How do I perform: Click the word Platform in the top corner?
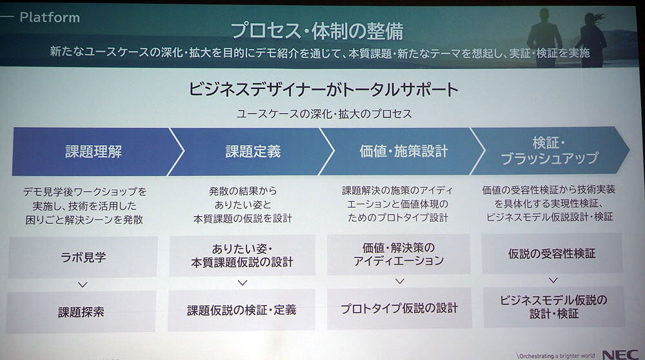click(x=50, y=17)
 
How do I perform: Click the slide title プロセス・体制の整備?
click(x=317, y=31)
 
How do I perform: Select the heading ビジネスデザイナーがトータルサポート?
click(x=323, y=89)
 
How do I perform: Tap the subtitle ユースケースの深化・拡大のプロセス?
click(x=324, y=114)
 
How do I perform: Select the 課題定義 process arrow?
click(x=252, y=152)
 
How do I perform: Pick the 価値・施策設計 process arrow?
click(x=402, y=151)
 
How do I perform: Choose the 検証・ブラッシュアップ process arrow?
click(x=550, y=150)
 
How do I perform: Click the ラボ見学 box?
click(x=83, y=257)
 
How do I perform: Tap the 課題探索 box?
click(x=81, y=312)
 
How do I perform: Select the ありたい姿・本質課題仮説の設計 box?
click(x=243, y=255)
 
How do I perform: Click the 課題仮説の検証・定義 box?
click(x=241, y=310)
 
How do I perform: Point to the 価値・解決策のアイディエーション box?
click(x=399, y=254)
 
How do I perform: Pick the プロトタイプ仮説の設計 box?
click(x=399, y=308)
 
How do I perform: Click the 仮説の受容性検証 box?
click(x=552, y=254)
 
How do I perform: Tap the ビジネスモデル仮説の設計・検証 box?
click(x=554, y=307)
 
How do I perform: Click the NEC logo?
click(x=620, y=355)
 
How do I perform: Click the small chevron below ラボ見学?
click(x=83, y=285)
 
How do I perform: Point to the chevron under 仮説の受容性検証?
click(x=553, y=280)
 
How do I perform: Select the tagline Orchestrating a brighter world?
click(x=556, y=356)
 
